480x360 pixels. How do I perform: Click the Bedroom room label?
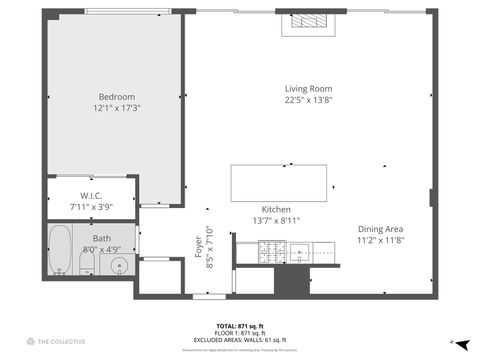coord(114,96)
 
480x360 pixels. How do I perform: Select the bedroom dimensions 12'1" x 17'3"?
coord(114,107)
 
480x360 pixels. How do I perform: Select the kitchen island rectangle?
coord(279,183)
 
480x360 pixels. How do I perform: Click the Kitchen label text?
coord(276,208)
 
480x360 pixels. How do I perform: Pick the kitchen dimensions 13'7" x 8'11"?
coord(276,219)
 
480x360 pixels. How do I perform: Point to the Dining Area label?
coord(380,229)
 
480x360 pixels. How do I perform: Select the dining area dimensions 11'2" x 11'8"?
coord(380,240)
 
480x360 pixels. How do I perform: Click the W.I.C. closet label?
coord(92,195)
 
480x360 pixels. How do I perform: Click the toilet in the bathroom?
coord(87,263)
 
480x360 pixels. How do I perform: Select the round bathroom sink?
coord(118,265)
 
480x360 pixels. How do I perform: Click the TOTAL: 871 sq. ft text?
coord(240,326)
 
